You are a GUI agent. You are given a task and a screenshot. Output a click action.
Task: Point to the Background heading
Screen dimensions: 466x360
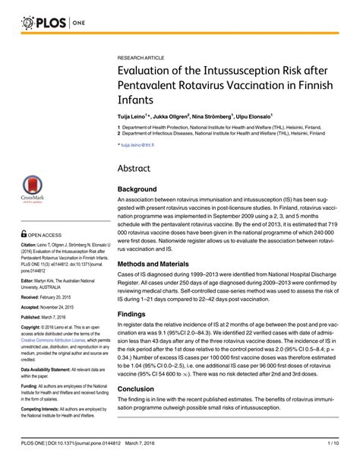pyautogui.click(x=137, y=189)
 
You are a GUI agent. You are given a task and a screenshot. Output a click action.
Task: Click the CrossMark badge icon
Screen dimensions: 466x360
pyautogui.click(x=31, y=187)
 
